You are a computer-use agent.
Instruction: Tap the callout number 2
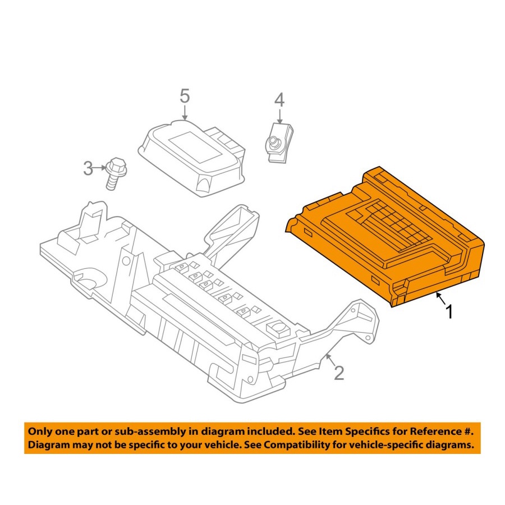pyautogui.click(x=339, y=373)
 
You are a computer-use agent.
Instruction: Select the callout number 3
pyautogui.click(x=88, y=168)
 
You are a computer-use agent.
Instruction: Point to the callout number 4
pyautogui.click(x=279, y=100)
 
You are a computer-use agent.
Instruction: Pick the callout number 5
pyautogui.click(x=185, y=96)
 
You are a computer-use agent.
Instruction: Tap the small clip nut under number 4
pyautogui.click(x=280, y=142)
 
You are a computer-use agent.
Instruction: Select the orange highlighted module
pyautogui.click(x=385, y=236)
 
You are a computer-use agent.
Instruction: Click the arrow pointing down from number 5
pyautogui.click(x=185, y=113)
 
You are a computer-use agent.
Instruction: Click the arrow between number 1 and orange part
pyautogui.click(x=441, y=299)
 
